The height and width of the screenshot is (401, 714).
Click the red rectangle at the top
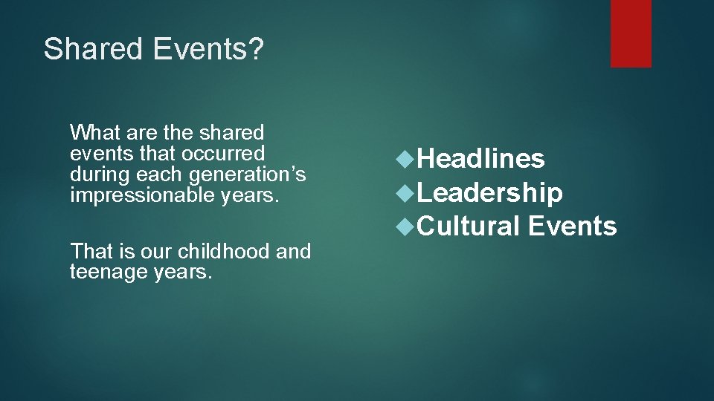631,33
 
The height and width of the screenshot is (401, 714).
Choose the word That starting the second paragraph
89,252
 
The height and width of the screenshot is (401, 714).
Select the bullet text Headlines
480,159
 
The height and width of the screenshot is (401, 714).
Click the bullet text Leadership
489,193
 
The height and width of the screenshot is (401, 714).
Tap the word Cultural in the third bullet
469,226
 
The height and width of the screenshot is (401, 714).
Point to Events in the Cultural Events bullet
573,226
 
